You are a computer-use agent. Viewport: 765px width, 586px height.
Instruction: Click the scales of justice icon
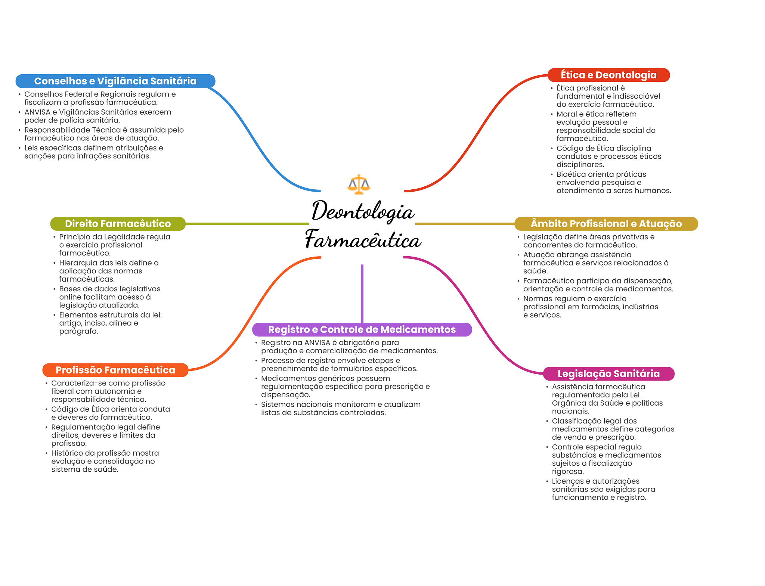359,184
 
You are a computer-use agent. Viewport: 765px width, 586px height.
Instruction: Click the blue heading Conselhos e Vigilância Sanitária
115,81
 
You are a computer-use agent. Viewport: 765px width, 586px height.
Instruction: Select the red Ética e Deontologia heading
608,75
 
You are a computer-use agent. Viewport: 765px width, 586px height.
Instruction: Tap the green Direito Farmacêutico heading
118,224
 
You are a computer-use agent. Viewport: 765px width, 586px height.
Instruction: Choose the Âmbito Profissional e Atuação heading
606,224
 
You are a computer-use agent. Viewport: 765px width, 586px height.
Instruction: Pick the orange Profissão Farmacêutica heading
115,370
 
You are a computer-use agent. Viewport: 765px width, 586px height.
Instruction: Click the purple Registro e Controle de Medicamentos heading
362,329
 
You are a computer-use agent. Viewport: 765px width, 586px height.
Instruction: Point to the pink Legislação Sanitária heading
608,374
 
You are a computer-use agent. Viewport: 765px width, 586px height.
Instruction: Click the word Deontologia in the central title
363,211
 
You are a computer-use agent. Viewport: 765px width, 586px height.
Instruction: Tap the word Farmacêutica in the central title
363,239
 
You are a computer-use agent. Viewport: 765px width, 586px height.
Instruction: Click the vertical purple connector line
362,294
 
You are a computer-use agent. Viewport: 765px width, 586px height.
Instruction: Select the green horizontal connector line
247,224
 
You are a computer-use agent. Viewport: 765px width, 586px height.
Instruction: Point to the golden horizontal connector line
465,224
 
